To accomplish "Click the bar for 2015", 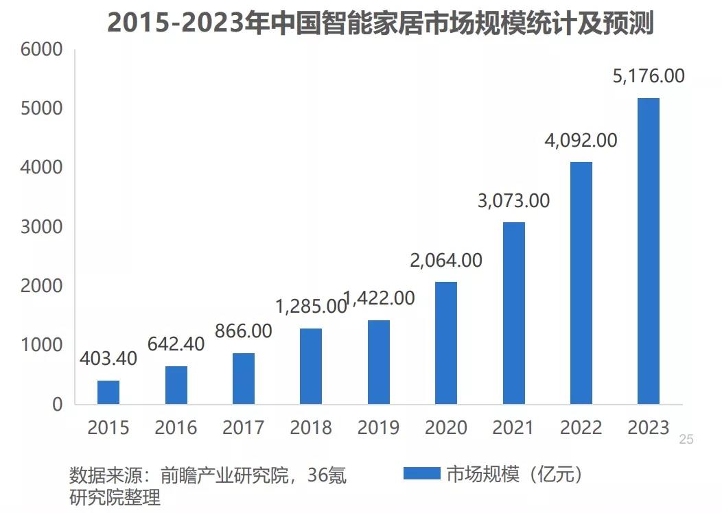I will pos(108,392).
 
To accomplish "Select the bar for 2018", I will pos(311,366).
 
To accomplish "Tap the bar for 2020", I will pos(446,343).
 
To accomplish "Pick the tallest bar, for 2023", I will pos(649,251).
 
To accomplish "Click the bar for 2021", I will pos(513,313).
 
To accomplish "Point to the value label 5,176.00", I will pos(649,76).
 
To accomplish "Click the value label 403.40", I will pos(108,358).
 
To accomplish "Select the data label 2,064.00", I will pos(446,261).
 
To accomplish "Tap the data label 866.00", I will pos(244,331).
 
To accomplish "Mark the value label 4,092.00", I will pos(581,141).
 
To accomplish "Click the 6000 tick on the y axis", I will pos(42,50).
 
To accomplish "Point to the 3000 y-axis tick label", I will pos(42,227).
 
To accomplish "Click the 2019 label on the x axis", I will pos(378,429).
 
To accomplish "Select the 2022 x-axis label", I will pos(581,429).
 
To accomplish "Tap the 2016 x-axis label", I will pos(176,429).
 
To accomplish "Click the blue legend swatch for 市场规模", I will pos(421,474).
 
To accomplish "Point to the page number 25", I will pos(686,440).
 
